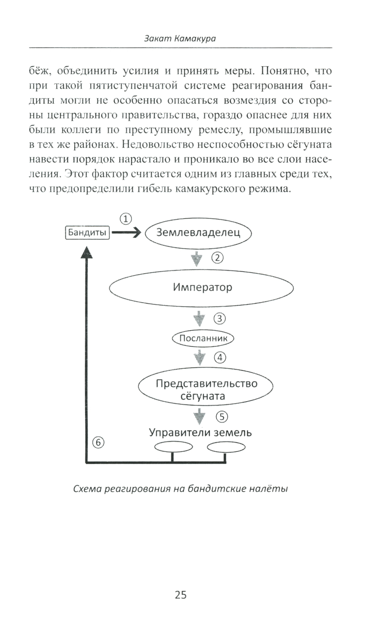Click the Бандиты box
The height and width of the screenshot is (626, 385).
pos(87,233)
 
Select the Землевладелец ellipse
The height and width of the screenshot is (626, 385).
pos(198,233)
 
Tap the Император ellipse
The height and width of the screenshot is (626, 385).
pos(201,288)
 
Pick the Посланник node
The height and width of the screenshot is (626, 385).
pos(203,338)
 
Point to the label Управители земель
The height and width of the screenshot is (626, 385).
pos(200,432)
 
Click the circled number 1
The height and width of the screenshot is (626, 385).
pos(126,219)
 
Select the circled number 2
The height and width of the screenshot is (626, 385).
pos(218,257)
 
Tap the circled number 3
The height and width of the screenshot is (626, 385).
pos(219,319)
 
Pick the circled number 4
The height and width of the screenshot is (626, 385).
pos(220,358)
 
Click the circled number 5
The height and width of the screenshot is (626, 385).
pos(222,417)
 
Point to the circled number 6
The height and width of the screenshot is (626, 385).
pos(99,443)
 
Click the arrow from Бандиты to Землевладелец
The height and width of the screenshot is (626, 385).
pos(126,233)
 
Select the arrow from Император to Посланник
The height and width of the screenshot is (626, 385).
pos(199,318)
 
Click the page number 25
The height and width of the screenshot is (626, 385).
pos(181,595)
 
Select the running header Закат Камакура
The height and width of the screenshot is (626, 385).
pos(180,39)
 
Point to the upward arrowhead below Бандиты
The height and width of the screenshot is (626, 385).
pos(87,252)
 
